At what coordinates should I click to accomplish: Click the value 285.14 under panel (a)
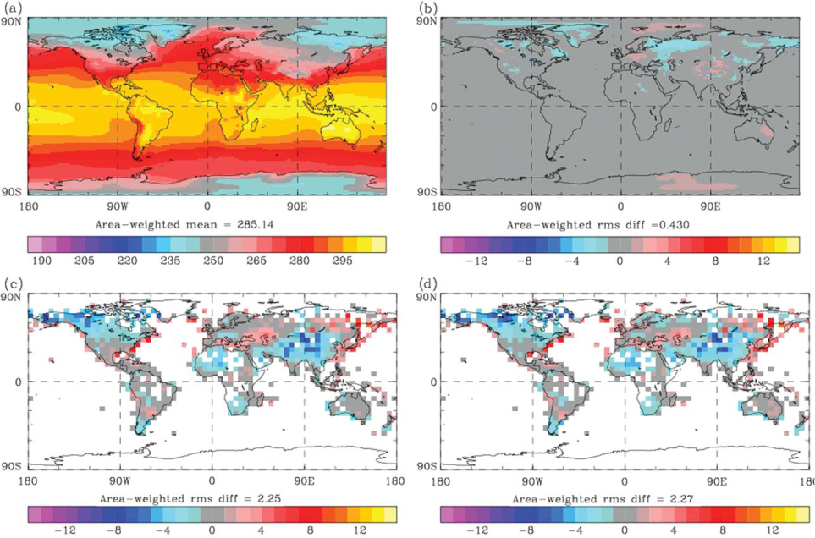pyautogui.click(x=255, y=225)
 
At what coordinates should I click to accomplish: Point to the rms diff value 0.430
pyautogui.click(x=675, y=225)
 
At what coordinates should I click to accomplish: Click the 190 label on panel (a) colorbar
pyautogui.click(x=41, y=261)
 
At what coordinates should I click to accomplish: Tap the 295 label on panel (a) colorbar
pyautogui.click(x=343, y=261)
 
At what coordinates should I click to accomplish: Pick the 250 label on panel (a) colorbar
pyautogui.click(x=213, y=261)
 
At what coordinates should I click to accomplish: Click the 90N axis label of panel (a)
pyautogui.click(x=14, y=22)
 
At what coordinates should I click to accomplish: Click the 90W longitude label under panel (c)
pyautogui.click(x=119, y=480)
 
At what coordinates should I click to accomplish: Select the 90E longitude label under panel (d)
pyautogui.click(x=718, y=480)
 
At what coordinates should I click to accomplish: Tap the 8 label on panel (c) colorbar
pyautogui.click(x=309, y=530)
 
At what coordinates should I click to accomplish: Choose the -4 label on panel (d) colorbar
pyautogui.click(x=575, y=530)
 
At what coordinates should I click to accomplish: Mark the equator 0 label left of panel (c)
pyautogui.click(x=19, y=382)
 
